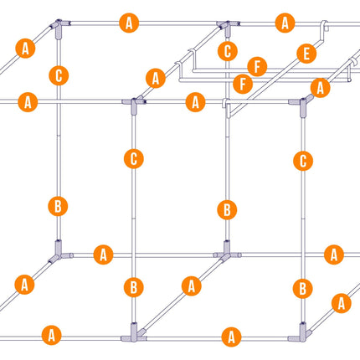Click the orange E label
coord(306,54)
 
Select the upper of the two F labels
coord(257,67)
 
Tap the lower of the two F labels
coord(243,84)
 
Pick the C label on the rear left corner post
coord(59,75)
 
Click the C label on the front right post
coord(303,161)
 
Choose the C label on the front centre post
coord(134,159)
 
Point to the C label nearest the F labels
coord(228,51)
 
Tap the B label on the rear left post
coord(58,206)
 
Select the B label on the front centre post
coord(134,287)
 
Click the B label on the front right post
coord(303,288)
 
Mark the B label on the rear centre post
coord(227,210)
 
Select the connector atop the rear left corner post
coord(59,28)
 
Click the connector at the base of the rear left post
coord(59,251)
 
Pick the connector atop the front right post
coord(302,105)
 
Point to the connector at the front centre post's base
coord(134,333)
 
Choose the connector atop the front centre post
coord(134,105)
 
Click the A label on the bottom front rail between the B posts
coord(231,337)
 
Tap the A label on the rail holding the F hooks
coord(156,78)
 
